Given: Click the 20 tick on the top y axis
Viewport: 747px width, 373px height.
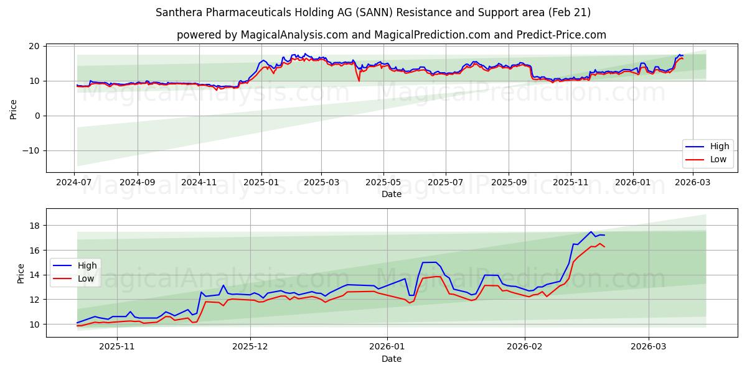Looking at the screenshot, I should [x=34, y=46].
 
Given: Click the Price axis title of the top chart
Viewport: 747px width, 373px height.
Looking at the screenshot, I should [x=13, y=109].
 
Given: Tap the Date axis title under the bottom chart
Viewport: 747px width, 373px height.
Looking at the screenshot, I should [x=391, y=359].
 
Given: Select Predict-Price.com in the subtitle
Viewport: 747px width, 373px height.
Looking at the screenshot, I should [x=561, y=35].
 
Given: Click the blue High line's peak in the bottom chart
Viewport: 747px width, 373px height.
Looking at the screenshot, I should [x=591, y=232].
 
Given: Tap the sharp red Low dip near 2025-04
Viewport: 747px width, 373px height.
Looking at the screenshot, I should [x=359, y=81].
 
